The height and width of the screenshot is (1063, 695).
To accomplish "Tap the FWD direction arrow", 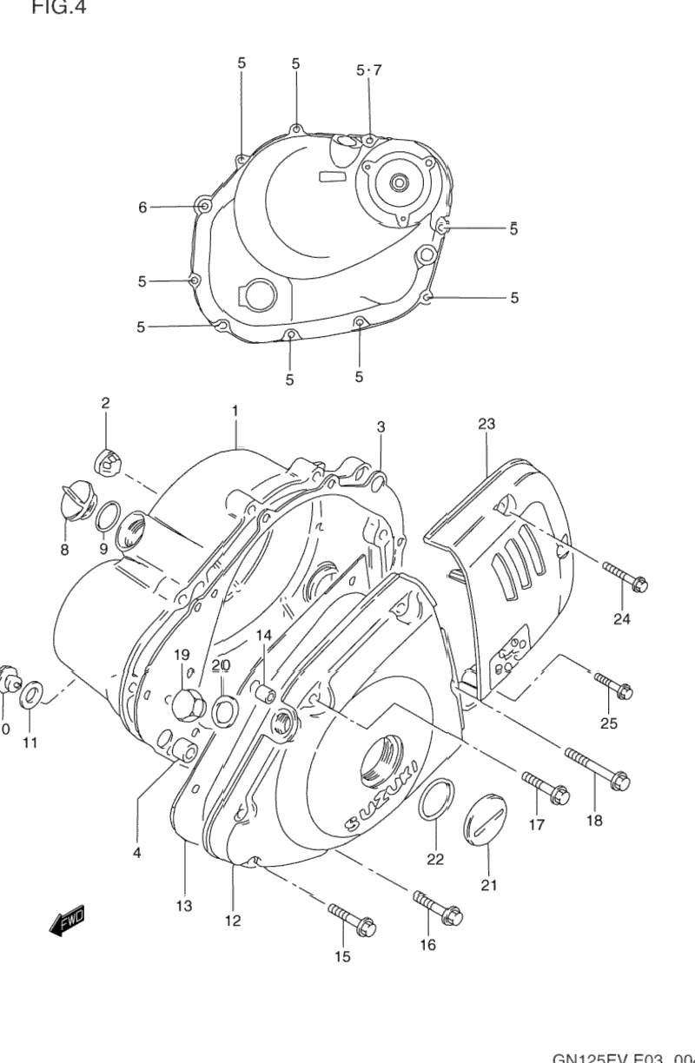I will click(x=67, y=920).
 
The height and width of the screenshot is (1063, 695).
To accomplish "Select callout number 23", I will click(x=486, y=424).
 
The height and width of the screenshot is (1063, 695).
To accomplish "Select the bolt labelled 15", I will click(x=351, y=915).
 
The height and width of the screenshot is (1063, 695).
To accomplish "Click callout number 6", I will click(x=142, y=207).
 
